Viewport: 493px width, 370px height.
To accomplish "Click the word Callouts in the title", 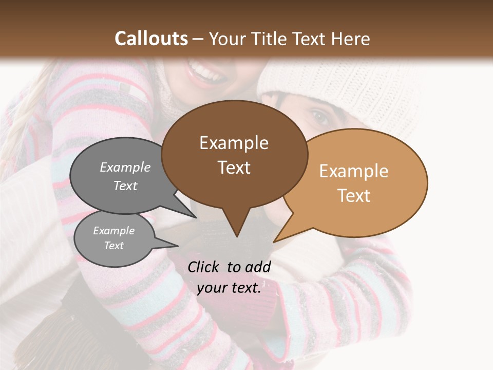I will coord(151,39).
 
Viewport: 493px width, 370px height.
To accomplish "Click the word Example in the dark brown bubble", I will coord(234,143).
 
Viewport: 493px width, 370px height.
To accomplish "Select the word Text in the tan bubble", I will coord(354,196).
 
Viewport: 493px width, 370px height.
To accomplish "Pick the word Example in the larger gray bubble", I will coord(125,167).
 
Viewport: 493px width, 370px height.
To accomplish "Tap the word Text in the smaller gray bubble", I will coord(114,246).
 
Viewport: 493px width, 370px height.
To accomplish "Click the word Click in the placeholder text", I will coord(204,267).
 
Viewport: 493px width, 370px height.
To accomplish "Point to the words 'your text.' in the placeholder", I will coord(229,288).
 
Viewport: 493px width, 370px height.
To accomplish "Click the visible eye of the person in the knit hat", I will coord(319,118).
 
